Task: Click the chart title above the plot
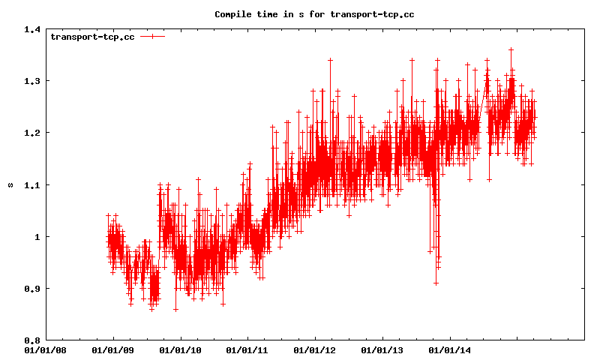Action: point(314,14)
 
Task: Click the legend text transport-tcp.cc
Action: point(92,37)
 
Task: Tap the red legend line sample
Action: point(151,36)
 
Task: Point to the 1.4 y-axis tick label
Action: point(31,29)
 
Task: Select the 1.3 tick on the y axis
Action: point(31,81)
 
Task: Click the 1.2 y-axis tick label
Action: point(31,133)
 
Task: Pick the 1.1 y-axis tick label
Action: point(31,184)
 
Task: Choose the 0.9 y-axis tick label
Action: point(31,288)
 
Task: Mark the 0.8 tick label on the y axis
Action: point(31,340)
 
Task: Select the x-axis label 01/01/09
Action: point(112,349)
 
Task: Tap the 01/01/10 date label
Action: point(180,349)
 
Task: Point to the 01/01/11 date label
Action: point(247,349)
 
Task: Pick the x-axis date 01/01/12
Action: point(315,349)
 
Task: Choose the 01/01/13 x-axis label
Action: point(382,349)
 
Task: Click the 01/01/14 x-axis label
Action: point(450,349)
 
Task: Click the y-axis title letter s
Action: point(10,184)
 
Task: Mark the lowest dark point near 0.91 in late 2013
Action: point(436,283)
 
